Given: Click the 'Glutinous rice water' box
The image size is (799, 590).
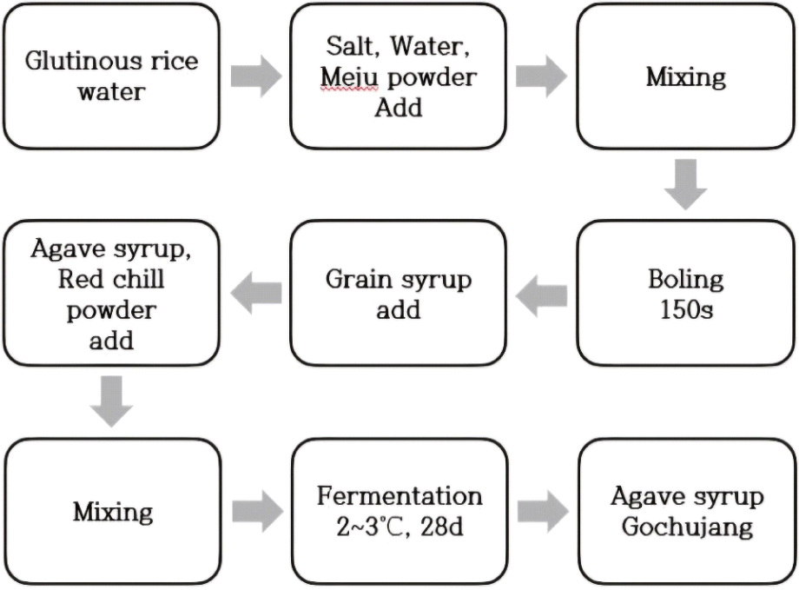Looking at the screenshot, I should (x=110, y=76).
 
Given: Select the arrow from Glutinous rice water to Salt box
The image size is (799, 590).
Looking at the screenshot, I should (x=256, y=76).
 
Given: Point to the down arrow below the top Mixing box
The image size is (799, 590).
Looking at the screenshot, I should (x=686, y=182).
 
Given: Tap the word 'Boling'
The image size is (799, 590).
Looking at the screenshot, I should (x=685, y=280).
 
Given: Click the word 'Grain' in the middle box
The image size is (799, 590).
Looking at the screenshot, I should (x=360, y=280).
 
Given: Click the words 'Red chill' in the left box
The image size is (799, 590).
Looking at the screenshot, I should (x=111, y=281).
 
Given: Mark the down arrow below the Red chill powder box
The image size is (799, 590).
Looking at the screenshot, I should (x=111, y=401).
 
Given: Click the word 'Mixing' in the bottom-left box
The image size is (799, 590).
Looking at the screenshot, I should (x=112, y=512).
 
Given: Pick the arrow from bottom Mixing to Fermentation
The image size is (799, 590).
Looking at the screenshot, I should (x=256, y=511).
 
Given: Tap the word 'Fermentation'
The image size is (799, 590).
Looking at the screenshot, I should (x=399, y=496).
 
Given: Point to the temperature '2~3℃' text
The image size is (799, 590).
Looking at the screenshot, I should (x=376, y=527).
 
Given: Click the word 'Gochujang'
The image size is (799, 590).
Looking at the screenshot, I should (x=686, y=527).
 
